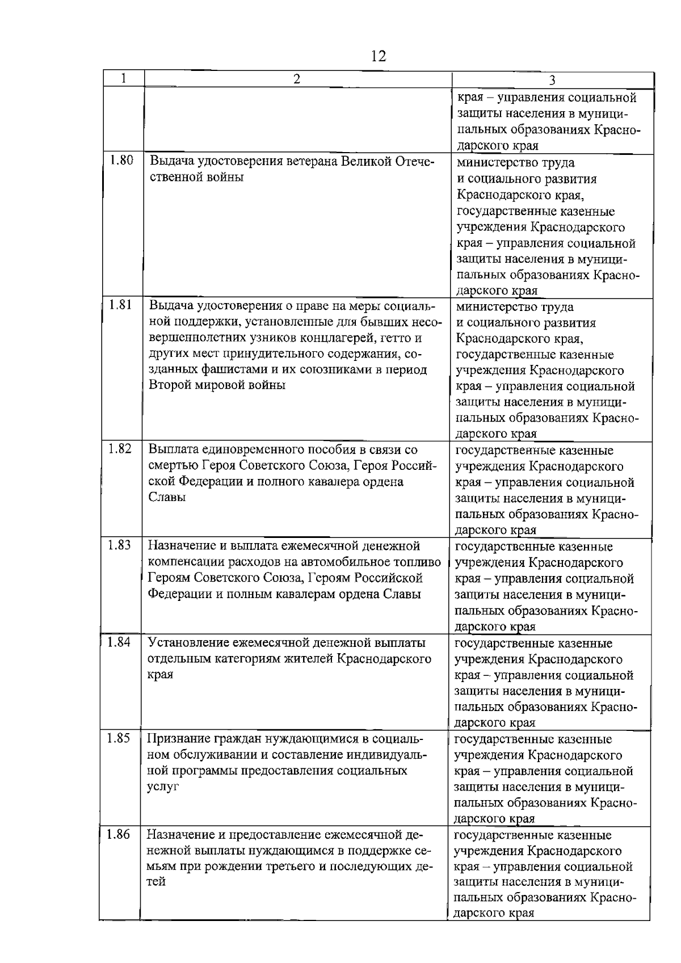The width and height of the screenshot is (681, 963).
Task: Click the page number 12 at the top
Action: [x=378, y=56]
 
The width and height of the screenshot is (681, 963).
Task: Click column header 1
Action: [x=123, y=78]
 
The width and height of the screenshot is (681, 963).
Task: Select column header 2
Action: [x=297, y=79]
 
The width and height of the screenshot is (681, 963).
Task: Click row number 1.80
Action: [x=121, y=161]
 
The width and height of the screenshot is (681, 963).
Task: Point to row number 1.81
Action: [x=120, y=305]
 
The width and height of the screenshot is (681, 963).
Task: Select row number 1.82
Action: [x=120, y=449]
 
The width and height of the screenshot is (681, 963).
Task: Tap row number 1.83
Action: [x=119, y=545]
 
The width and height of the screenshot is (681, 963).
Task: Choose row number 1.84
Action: [x=119, y=642]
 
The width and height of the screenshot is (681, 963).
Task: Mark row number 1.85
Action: [x=118, y=738]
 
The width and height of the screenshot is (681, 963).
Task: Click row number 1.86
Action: [x=117, y=834]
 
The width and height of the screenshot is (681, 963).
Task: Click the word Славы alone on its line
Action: [x=167, y=498]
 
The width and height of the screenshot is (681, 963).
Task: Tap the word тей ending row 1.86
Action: [x=156, y=882]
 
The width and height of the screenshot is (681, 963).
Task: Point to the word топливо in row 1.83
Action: [x=419, y=562]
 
